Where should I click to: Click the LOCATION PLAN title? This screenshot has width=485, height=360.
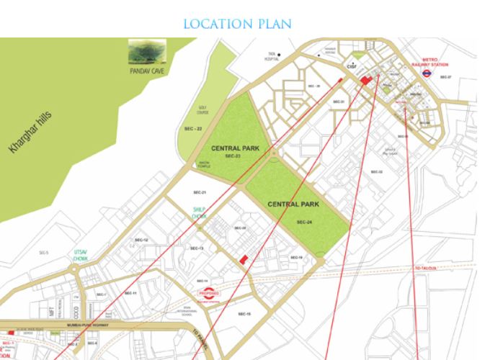point(237,24)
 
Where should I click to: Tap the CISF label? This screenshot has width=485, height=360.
point(352,66)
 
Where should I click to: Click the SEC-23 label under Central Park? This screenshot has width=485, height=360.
point(231,156)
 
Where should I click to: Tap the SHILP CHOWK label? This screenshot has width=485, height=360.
point(200,212)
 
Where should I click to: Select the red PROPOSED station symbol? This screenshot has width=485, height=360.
point(209,294)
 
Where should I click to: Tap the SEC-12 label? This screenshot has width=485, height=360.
point(141,239)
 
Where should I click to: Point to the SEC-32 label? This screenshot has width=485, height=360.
point(376,171)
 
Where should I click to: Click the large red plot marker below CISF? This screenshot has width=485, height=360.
point(367,80)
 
